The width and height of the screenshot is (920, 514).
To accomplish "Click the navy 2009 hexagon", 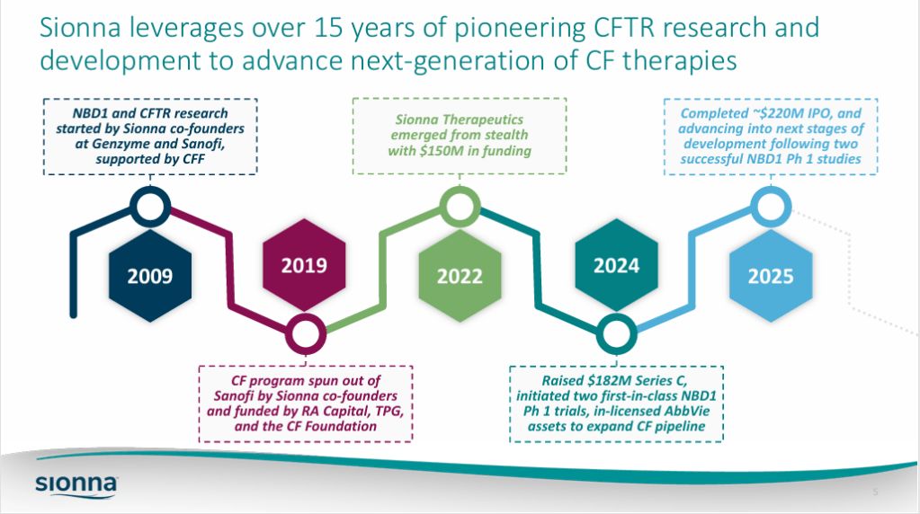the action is coord(150,276).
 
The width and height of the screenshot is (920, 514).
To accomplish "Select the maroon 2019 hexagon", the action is coord(304,265).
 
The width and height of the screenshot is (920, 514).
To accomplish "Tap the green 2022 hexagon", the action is coord(460,276).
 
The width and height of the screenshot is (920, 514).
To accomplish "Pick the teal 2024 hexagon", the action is coord(616,265).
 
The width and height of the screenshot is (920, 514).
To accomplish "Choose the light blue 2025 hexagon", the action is coord(771,276).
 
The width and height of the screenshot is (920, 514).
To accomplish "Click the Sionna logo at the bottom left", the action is coord(76,485).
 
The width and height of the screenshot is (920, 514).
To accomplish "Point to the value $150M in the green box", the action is coord(436,151).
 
